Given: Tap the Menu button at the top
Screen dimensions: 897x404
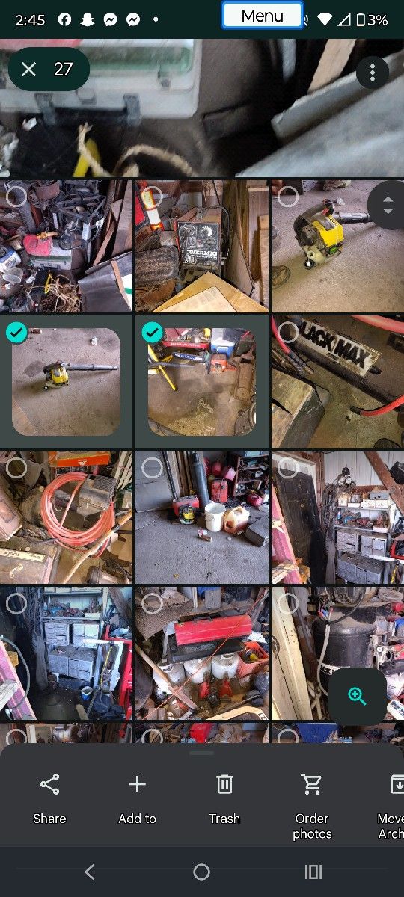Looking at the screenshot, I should coord(262,16).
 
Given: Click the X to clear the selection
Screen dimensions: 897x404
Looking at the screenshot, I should coord(29,70).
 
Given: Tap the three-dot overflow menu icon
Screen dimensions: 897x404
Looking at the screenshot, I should coord(372,73).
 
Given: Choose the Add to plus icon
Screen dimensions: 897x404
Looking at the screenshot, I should coord(137,784).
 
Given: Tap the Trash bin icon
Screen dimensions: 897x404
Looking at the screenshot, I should coord(224,784).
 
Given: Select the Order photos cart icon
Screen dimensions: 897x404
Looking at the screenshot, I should coord(311,784).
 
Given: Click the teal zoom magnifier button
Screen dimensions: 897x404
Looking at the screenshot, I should coord(358,697).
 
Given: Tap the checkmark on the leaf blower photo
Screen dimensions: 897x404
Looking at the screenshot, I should coord(16,333).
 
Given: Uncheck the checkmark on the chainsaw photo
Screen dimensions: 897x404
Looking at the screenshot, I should coord(152,333).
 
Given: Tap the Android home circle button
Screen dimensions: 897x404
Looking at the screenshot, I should coord(201,872).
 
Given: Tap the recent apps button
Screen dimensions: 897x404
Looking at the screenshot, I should coord(313,872).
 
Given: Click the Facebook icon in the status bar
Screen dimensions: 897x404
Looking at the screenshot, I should coord(65,20).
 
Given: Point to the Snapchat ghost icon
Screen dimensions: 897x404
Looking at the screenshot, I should coord(88,20).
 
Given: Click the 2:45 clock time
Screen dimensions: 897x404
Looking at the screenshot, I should coord(30,20).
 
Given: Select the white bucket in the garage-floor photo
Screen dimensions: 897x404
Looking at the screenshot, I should coord(214,517).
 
